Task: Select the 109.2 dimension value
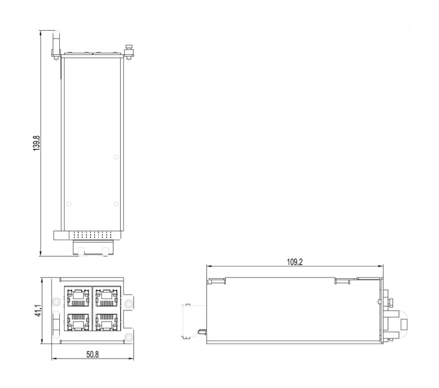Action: (x=295, y=261)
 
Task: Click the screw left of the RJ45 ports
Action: (x=57, y=302)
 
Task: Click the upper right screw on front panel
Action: (x=128, y=303)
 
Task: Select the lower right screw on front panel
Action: (x=128, y=336)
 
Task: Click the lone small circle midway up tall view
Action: (x=115, y=158)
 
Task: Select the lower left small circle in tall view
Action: (x=69, y=205)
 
